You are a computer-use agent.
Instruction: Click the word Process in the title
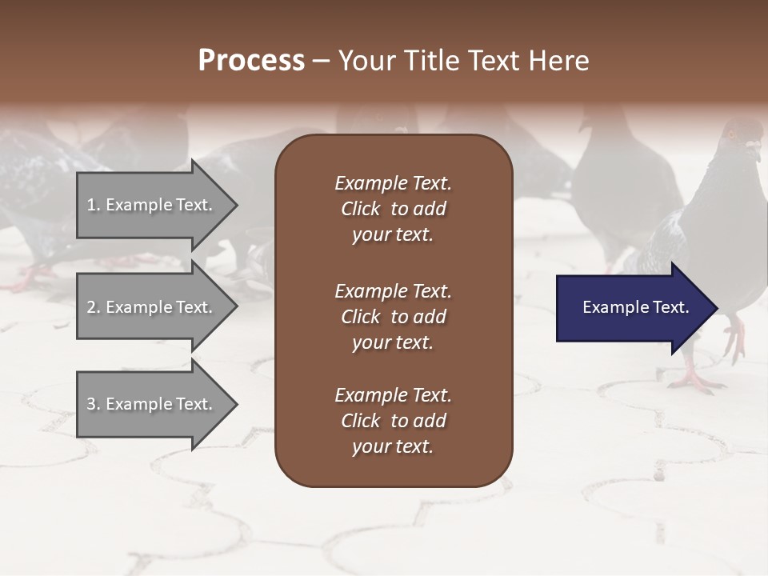pos(251,61)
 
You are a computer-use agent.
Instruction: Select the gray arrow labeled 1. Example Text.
pos(152,205)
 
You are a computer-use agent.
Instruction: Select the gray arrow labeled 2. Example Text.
pos(152,307)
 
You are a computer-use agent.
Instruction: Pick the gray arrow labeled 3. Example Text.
pos(152,404)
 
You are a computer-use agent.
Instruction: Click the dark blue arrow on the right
pos(632,308)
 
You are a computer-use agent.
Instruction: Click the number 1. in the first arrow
pos(94,205)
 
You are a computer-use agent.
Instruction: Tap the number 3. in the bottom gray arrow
pos(94,404)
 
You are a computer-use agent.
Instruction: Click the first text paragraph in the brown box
pos(393,209)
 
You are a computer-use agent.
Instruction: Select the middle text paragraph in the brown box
pos(393,317)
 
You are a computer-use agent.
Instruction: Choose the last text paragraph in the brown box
pos(393,421)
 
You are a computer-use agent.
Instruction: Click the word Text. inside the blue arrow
pos(669,307)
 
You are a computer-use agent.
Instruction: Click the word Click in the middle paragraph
pos(360,317)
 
